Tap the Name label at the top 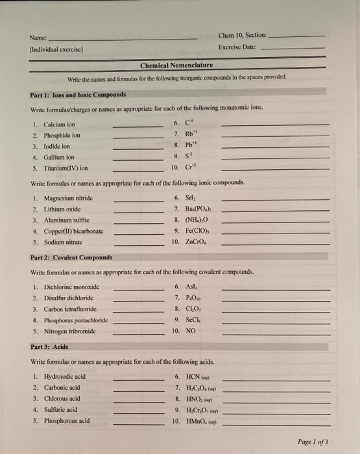(39, 37)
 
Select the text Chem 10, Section (243, 36)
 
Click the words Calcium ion (59, 124)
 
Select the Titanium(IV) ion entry (66, 167)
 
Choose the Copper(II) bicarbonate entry (73, 230)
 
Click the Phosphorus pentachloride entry (76, 319)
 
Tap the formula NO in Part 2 (191, 330)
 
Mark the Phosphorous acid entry (66, 420)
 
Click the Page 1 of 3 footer (313, 441)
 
